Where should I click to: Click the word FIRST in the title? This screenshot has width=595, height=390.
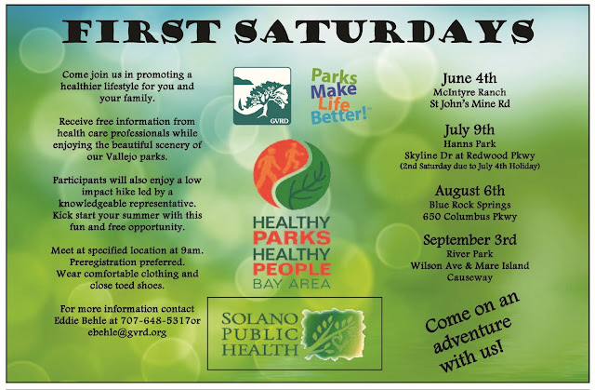pyautogui.click(x=140, y=31)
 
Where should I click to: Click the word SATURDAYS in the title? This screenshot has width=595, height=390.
pyautogui.click(x=384, y=31)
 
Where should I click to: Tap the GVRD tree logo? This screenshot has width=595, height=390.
pyautogui.click(x=262, y=96)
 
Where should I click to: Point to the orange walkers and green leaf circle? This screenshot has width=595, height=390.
pyautogui.click(x=292, y=175)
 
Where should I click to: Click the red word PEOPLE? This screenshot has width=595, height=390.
pyautogui.click(x=292, y=269)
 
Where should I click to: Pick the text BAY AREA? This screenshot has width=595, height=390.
pyautogui.click(x=292, y=284)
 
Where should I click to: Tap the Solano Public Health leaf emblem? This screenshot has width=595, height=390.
pyautogui.click(x=333, y=334)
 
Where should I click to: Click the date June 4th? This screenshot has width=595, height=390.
pyautogui.click(x=469, y=78)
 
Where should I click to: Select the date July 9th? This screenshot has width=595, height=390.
pyautogui.click(x=469, y=130)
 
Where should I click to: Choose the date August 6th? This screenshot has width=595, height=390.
pyautogui.click(x=469, y=190)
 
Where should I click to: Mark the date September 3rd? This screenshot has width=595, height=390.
pyautogui.click(x=469, y=239)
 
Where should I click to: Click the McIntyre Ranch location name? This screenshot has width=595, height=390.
pyautogui.click(x=469, y=92)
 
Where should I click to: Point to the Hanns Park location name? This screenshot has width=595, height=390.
pyautogui.click(x=469, y=144)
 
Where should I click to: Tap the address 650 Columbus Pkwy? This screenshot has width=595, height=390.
pyautogui.click(x=469, y=217)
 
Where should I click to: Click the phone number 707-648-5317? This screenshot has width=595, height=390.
pyautogui.click(x=155, y=320)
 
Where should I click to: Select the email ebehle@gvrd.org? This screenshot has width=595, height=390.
pyautogui.click(x=127, y=332)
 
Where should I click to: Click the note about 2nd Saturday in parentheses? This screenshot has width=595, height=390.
pyautogui.click(x=469, y=166)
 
